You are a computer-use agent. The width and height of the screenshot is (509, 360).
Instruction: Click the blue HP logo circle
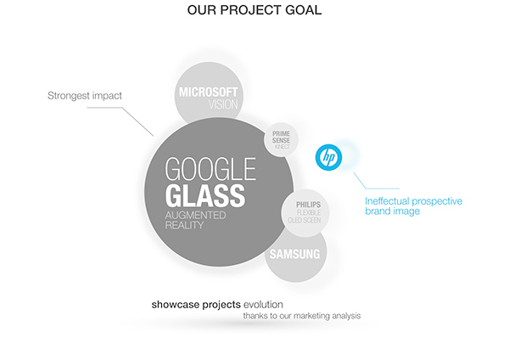(x=328, y=157)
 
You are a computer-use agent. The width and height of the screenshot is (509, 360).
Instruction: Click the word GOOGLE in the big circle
(x=210, y=169)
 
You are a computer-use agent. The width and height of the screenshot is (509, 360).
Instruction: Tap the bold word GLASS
(x=205, y=195)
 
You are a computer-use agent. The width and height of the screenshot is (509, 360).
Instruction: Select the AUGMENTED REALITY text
(x=195, y=220)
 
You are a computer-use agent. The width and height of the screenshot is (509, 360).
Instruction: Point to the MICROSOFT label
(x=208, y=92)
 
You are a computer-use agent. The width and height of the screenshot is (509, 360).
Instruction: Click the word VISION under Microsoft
(x=223, y=104)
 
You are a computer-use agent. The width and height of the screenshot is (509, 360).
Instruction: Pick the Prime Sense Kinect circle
(x=281, y=140)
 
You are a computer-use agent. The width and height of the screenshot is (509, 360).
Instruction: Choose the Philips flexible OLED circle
(x=305, y=213)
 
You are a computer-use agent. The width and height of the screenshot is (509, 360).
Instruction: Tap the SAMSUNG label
(x=294, y=254)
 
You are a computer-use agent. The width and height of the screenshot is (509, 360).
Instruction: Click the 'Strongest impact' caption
(x=85, y=96)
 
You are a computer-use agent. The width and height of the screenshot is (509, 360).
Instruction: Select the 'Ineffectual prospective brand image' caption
(x=414, y=206)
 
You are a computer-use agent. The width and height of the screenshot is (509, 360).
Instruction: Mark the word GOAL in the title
(x=303, y=9)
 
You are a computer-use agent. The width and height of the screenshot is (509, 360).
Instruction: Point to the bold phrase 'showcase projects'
(x=196, y=305)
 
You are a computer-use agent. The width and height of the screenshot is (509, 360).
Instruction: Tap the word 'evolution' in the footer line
(x=263, y=305)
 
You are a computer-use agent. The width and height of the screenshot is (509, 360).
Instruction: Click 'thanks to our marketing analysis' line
(x=302, y=316)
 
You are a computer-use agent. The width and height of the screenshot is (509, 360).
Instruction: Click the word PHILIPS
(x=309, y=205)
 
